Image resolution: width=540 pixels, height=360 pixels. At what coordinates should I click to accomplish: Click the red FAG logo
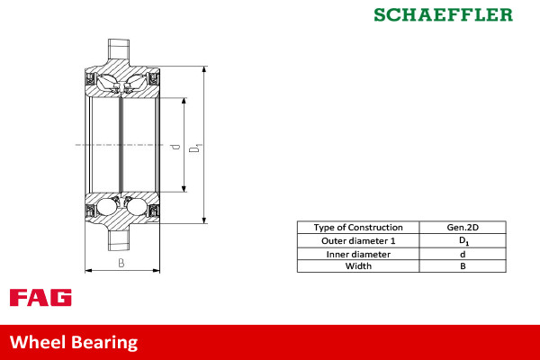pyautogui.click(x=40, y=298)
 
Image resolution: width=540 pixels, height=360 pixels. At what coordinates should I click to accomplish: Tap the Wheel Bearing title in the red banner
pyautogui.click(x=74, y=342)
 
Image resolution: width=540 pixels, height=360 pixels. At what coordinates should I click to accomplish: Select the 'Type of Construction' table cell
pyautogui.click(x=357, y=228)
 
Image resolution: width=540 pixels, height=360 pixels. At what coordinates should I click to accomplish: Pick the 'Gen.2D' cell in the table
pyautogui.click(x=463, y=228)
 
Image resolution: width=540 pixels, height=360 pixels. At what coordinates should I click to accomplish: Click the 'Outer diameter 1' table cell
pyautogui.click(x=357, y=240)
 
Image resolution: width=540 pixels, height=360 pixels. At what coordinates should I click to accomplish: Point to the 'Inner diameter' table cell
pyautogui.click(x=357, y=254)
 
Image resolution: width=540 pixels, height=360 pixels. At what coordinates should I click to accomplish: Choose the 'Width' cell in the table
pyautogui.click(x=357, y=266)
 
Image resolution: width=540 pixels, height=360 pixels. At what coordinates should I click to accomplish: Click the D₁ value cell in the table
pyautogui.click(x=463, y=240)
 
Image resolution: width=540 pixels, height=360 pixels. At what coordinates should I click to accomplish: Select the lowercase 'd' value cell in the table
pyautogui.click(x=463, y=254)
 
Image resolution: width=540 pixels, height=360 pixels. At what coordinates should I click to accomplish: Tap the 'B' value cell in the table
pyautogui.click(x=463, y=266)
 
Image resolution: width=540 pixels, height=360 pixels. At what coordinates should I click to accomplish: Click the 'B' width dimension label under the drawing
pyautogui.click(x=121, y=263)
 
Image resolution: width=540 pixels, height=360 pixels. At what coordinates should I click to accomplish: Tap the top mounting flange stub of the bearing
pyautogui.click(x=121, y=50)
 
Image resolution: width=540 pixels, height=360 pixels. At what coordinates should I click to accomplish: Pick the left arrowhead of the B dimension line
pyautogui.click(x=87, y=268)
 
